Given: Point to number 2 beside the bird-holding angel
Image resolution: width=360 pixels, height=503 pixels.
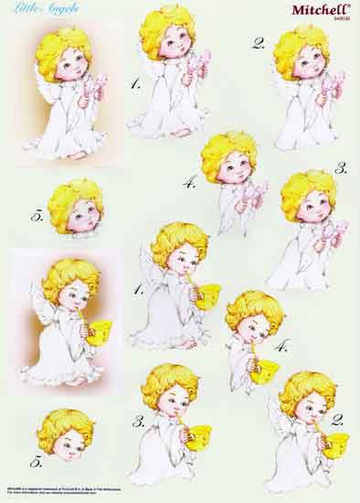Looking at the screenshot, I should [x=259, y=42].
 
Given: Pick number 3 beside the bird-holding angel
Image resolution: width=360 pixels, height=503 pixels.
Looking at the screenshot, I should [x=341, y=167].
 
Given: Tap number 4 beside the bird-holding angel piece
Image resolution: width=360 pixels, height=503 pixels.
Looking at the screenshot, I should [x=190, y=182].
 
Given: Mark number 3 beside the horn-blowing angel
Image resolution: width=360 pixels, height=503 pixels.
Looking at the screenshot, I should [x=138, y=422].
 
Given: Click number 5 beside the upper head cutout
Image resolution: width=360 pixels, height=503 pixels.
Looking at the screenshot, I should [x=37, y=216].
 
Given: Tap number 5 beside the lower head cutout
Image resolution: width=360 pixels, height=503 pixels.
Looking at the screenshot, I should [x=36, y=463].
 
